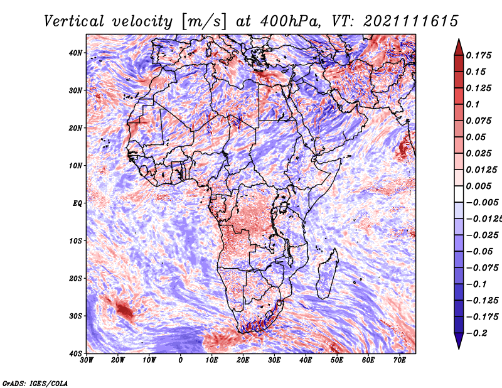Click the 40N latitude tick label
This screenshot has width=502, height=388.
[x=75, y=53]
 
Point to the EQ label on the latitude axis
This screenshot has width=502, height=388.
[x=77, y=203]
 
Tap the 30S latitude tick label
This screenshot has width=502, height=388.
[x=75, y=316]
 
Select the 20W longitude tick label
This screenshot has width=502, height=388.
[x=118, y=360]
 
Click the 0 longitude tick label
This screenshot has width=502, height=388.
[x=181, y=360]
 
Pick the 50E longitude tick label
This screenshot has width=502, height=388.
[x=337, y=360]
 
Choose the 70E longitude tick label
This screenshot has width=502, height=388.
[x=400, y=360]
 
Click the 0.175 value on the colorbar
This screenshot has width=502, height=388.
[x=479, y=56]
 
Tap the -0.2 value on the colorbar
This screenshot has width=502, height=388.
[x=476, y=333]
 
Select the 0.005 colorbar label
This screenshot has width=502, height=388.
[x=479, y=186]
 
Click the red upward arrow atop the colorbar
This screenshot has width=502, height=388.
[x=459, y=47]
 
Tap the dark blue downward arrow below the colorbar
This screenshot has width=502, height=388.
[x=459, y=341]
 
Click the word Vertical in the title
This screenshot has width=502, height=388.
[x=74, y=21]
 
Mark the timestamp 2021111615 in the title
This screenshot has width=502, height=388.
[x=411, y=21]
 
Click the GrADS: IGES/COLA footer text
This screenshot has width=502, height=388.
[x=35, y=384]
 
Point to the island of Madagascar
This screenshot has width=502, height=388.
[x=327, y=274]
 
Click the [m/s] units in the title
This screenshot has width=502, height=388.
[x=204, y=21]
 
